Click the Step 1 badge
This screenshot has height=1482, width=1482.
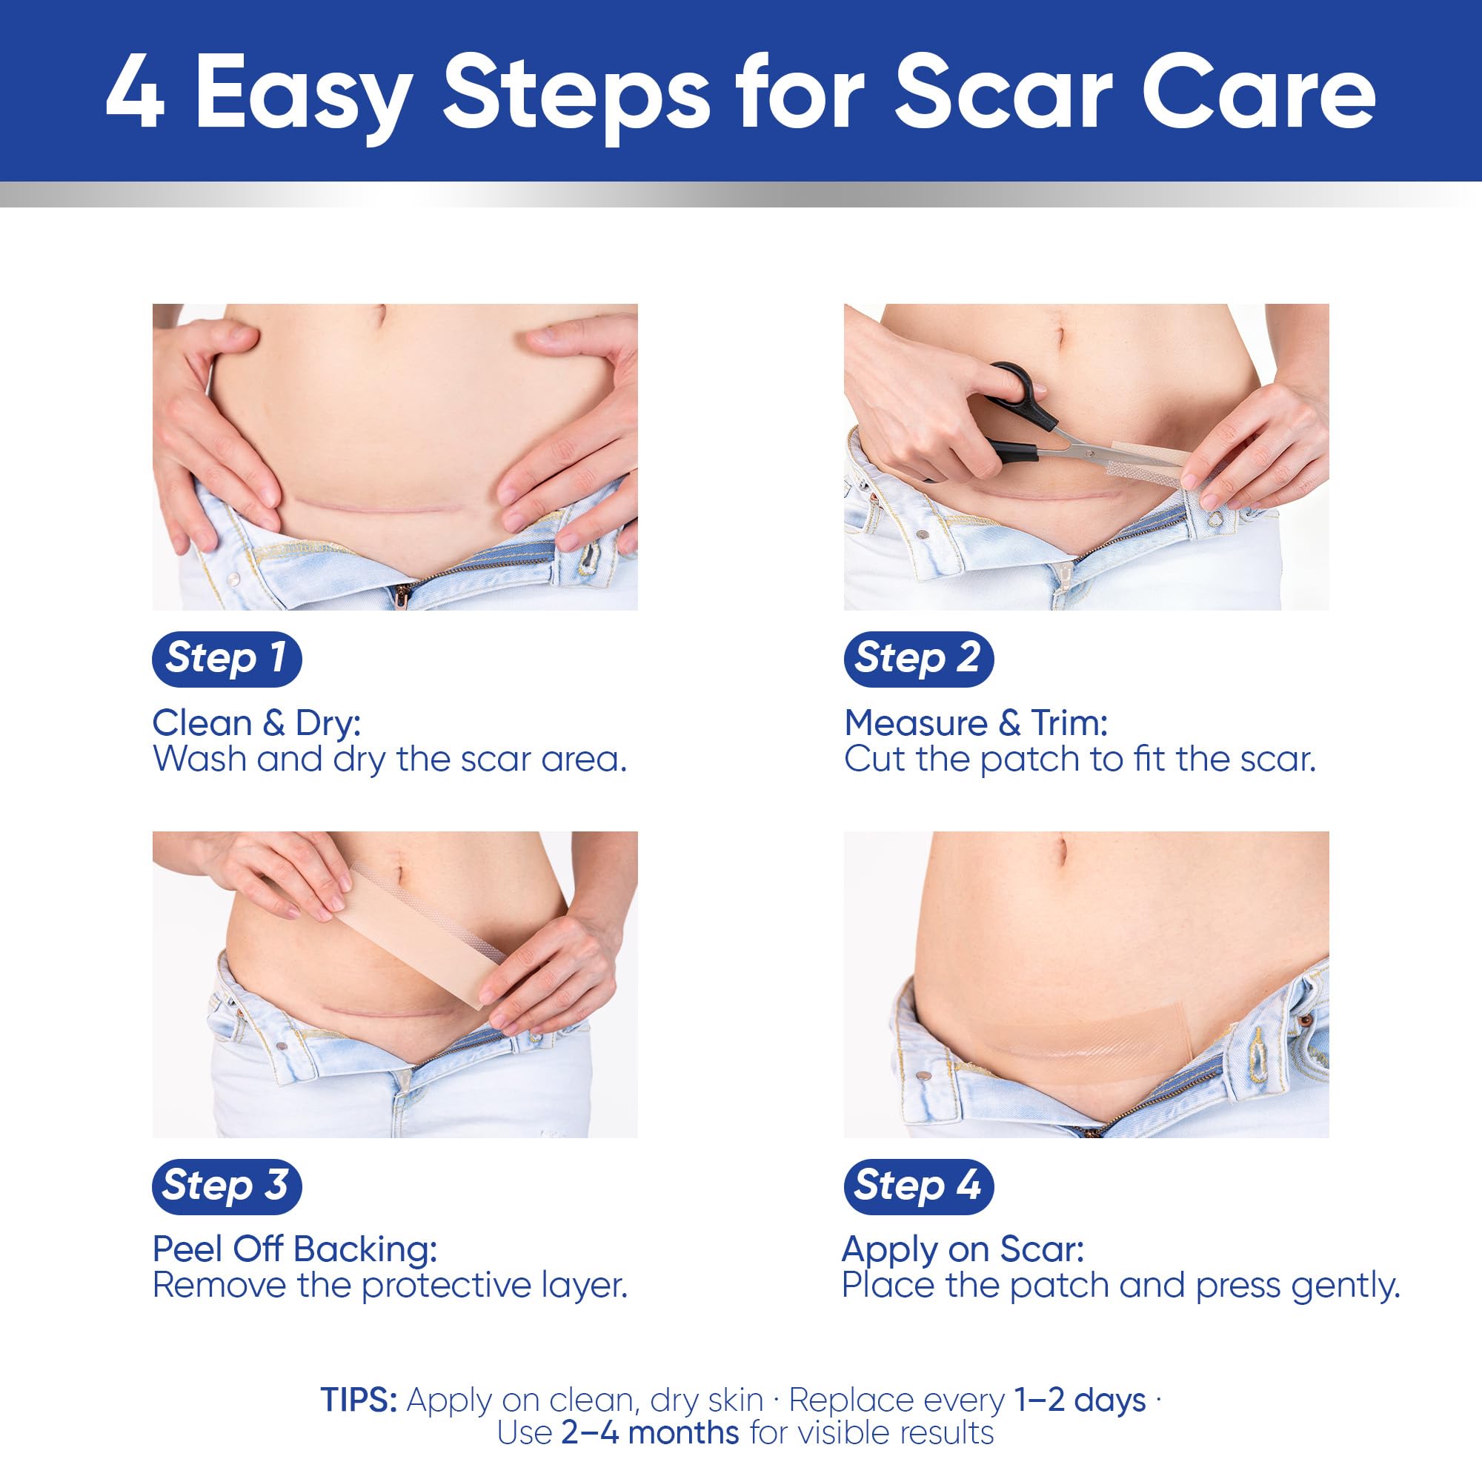(226, 659)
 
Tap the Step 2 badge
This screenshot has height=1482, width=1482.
(918, 659)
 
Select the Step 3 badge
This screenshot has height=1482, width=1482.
(226, 1186)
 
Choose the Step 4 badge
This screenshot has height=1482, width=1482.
(918, 1186)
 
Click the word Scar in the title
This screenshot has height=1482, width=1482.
(1003, 93)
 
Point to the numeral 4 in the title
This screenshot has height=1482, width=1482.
(135, 93)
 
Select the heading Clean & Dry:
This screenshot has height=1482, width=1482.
(256, 722)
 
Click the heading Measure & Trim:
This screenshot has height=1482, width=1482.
(976, 722)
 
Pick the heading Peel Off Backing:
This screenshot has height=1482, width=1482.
(295, 1249)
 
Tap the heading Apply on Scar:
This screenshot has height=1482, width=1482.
(963, 1249)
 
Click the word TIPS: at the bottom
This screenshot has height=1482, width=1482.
(359, 1400)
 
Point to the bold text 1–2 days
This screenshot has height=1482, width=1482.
(1080, 1400)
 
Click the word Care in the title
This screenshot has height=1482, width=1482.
(1259, 93)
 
